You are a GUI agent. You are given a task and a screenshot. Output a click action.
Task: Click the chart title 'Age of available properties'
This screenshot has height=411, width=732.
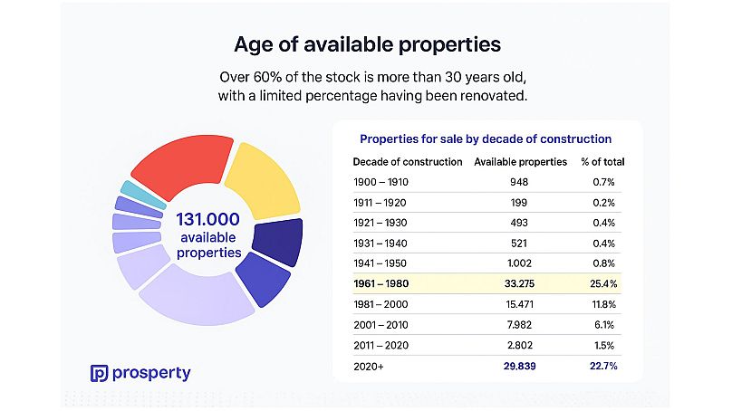point(367,43)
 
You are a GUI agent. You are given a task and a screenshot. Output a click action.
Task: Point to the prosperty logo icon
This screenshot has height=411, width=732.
point(100,372)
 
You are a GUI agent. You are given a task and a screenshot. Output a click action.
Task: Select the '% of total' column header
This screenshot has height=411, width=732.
point(602,162)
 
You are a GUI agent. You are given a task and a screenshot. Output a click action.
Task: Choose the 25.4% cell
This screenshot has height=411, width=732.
point(602,283)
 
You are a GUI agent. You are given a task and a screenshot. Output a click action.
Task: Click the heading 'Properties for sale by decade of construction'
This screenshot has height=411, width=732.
point(486,139)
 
